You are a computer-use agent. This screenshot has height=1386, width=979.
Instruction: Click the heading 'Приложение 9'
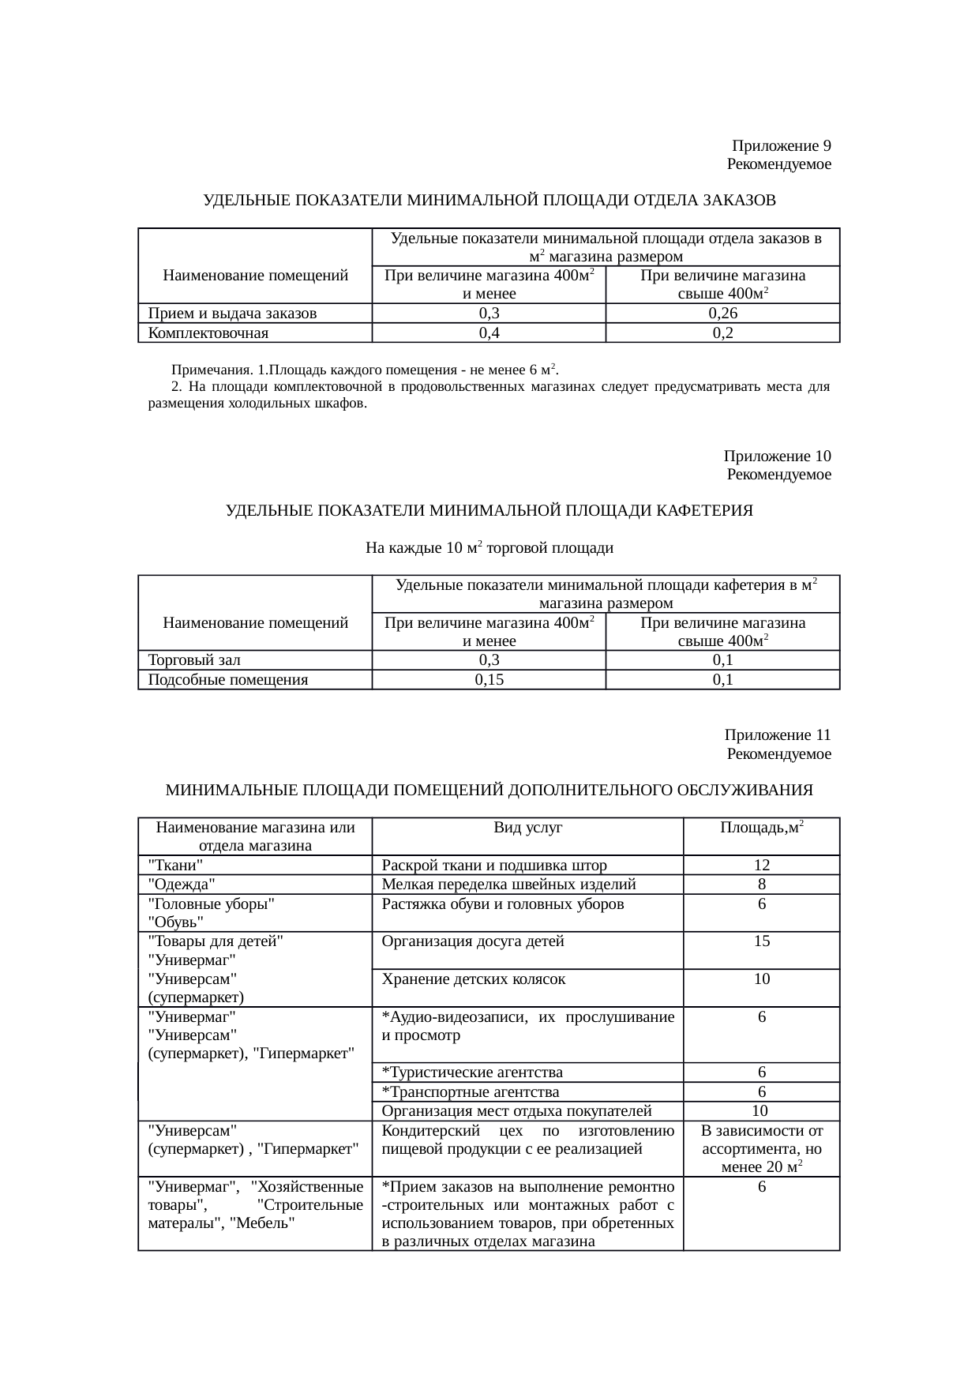point(781,146)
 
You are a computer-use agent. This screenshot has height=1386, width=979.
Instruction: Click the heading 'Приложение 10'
point(777,456)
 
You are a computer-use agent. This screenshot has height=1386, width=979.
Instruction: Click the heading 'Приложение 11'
point(777,735)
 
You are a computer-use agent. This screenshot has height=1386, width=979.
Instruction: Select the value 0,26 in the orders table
point(722,314)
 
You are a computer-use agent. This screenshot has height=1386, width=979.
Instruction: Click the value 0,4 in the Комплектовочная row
point(489,333)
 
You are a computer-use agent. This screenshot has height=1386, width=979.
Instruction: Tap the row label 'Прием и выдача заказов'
point(232,314)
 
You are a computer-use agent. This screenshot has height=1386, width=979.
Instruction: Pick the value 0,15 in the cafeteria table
point(489,680)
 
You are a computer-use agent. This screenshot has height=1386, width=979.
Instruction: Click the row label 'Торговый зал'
point(194,660)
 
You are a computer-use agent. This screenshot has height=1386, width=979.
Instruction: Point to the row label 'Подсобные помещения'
point(227,680)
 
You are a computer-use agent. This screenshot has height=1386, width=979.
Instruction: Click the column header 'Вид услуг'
point(527,828)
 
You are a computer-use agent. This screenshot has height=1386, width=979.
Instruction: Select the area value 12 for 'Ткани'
point(761,865)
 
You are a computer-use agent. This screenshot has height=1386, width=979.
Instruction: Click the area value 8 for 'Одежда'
point(761,885)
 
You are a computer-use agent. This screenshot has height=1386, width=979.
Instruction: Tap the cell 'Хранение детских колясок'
point(473,979)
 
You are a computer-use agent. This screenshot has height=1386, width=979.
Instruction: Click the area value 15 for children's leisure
point(761,941)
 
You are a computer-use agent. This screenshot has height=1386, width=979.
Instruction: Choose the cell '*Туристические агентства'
point(472,1072)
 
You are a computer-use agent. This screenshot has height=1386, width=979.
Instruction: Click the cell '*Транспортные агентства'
point(471,1092)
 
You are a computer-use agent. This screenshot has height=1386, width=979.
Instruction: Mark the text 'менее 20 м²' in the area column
point(762,1167)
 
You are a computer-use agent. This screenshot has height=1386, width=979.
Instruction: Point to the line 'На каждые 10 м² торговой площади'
point(489,548)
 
